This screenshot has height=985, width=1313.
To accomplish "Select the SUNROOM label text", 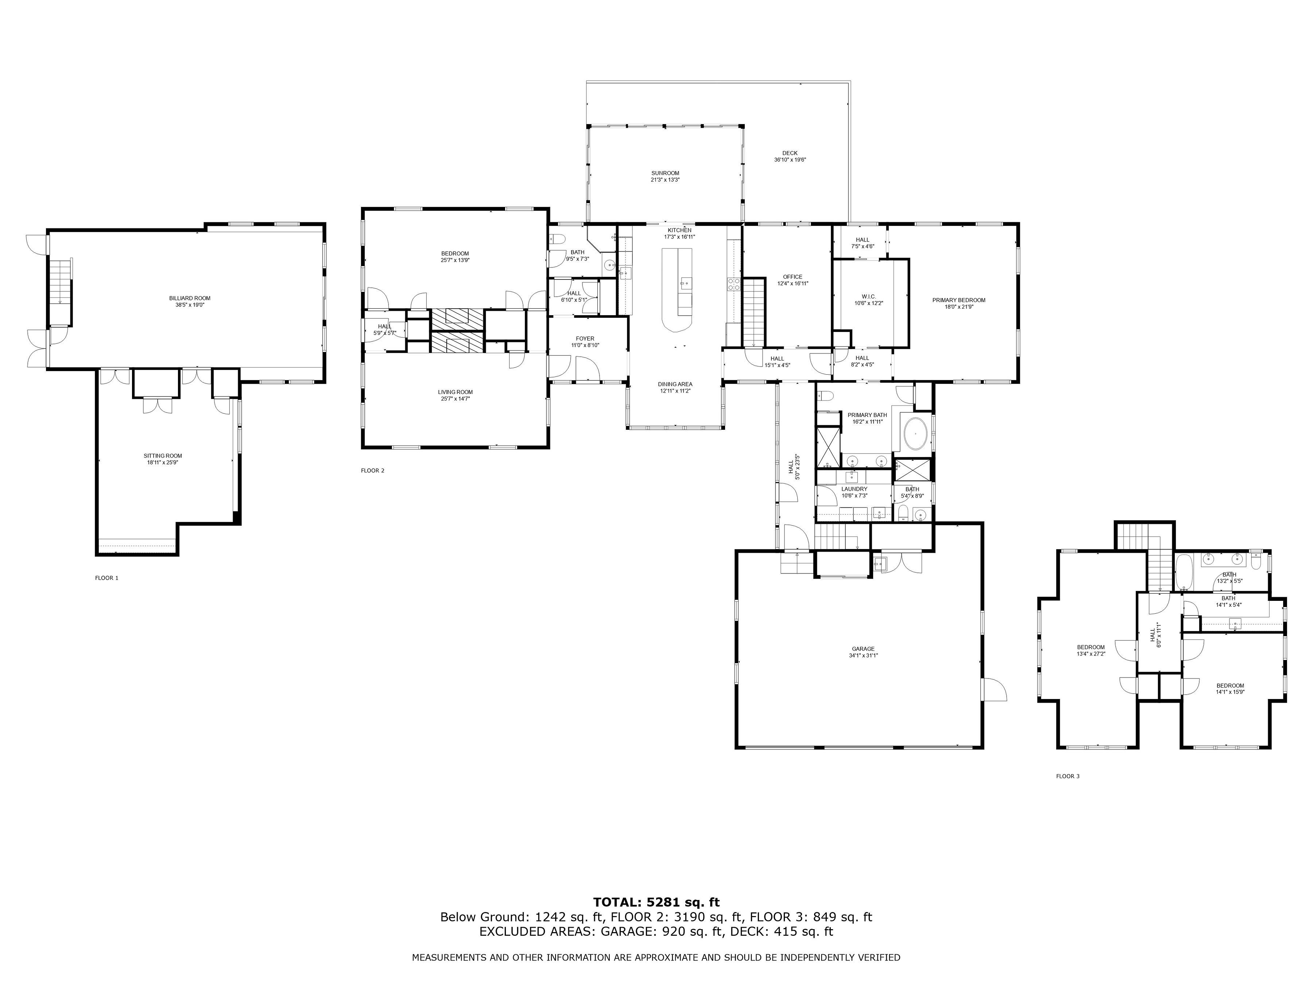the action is pos(665,173).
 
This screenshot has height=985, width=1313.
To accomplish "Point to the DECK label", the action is pos(790,153).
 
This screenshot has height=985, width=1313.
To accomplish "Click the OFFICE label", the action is pos(793,277).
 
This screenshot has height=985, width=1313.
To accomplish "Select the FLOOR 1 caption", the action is pos(107,578).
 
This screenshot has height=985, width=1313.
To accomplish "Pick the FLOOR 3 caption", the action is pos(1068,776).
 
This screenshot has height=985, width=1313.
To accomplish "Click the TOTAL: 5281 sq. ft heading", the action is pos(656,903).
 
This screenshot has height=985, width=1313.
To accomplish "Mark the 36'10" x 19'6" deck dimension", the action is pos(790,160).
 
